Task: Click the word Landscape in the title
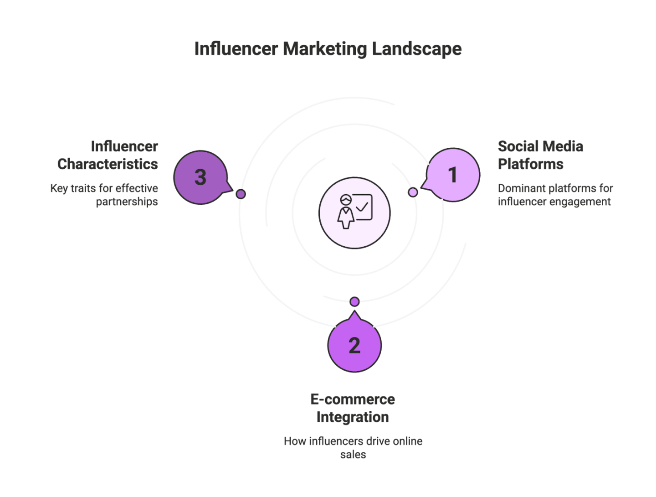tap(416, 48)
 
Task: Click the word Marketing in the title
tap(324, 48)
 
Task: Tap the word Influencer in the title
tap(236, 48)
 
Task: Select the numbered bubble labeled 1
tap(453, 175)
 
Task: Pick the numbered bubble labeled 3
tap(200, 177)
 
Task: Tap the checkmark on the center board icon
tap(363, 207)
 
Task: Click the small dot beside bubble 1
tap(413, 192)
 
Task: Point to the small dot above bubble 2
tap(354, 301)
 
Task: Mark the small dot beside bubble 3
tap(241, 194)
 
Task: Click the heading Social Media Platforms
tap(540, 155)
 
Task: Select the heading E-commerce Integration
tap(353, 408)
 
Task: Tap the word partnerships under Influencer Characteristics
tap(127, 202)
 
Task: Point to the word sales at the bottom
tap(353, 455)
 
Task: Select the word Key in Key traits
tap(59, 188)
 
